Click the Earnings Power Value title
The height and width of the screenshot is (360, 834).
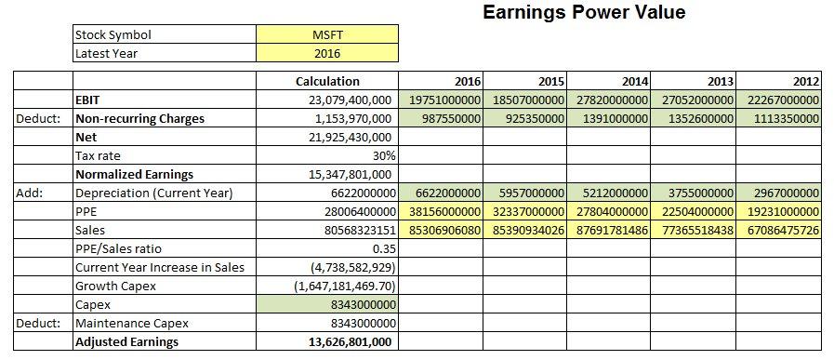(x=584, y=13)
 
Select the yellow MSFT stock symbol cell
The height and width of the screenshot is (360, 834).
(x=327, y=35)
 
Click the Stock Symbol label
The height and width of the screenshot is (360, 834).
(x=113, y=35)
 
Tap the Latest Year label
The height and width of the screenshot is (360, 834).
(x=106, y=53)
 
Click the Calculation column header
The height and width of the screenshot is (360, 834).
(x=326, y=81)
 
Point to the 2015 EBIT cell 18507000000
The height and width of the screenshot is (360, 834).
(x=525, y=100)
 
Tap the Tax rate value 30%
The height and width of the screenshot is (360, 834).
(x=384, y=155)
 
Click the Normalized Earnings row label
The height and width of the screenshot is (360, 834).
(x=121, y=174)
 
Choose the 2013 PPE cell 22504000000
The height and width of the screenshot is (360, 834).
(x=695, y=211)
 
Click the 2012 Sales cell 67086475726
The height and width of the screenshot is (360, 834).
(x=778, y=230)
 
